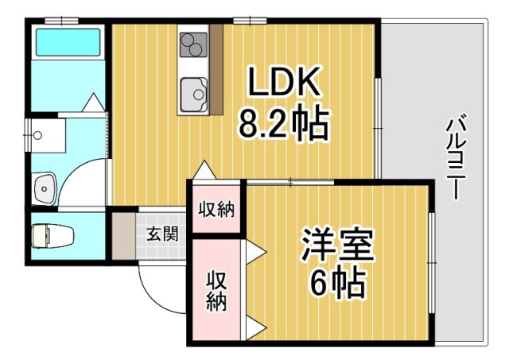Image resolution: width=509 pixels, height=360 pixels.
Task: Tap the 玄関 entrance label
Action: tap(161, 234)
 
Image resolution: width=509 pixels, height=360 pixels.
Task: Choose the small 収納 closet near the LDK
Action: tap(216, 210)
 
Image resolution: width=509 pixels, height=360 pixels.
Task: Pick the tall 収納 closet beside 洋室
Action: tap(216, 291)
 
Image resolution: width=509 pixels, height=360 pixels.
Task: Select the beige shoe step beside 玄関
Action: tap(122, 234)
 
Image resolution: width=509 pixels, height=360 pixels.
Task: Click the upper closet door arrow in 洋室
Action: tap(255, 252)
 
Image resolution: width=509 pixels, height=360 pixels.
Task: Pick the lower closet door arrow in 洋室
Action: tap(255, 326)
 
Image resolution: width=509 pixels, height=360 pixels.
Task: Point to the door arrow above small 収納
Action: tap(204, 171)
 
